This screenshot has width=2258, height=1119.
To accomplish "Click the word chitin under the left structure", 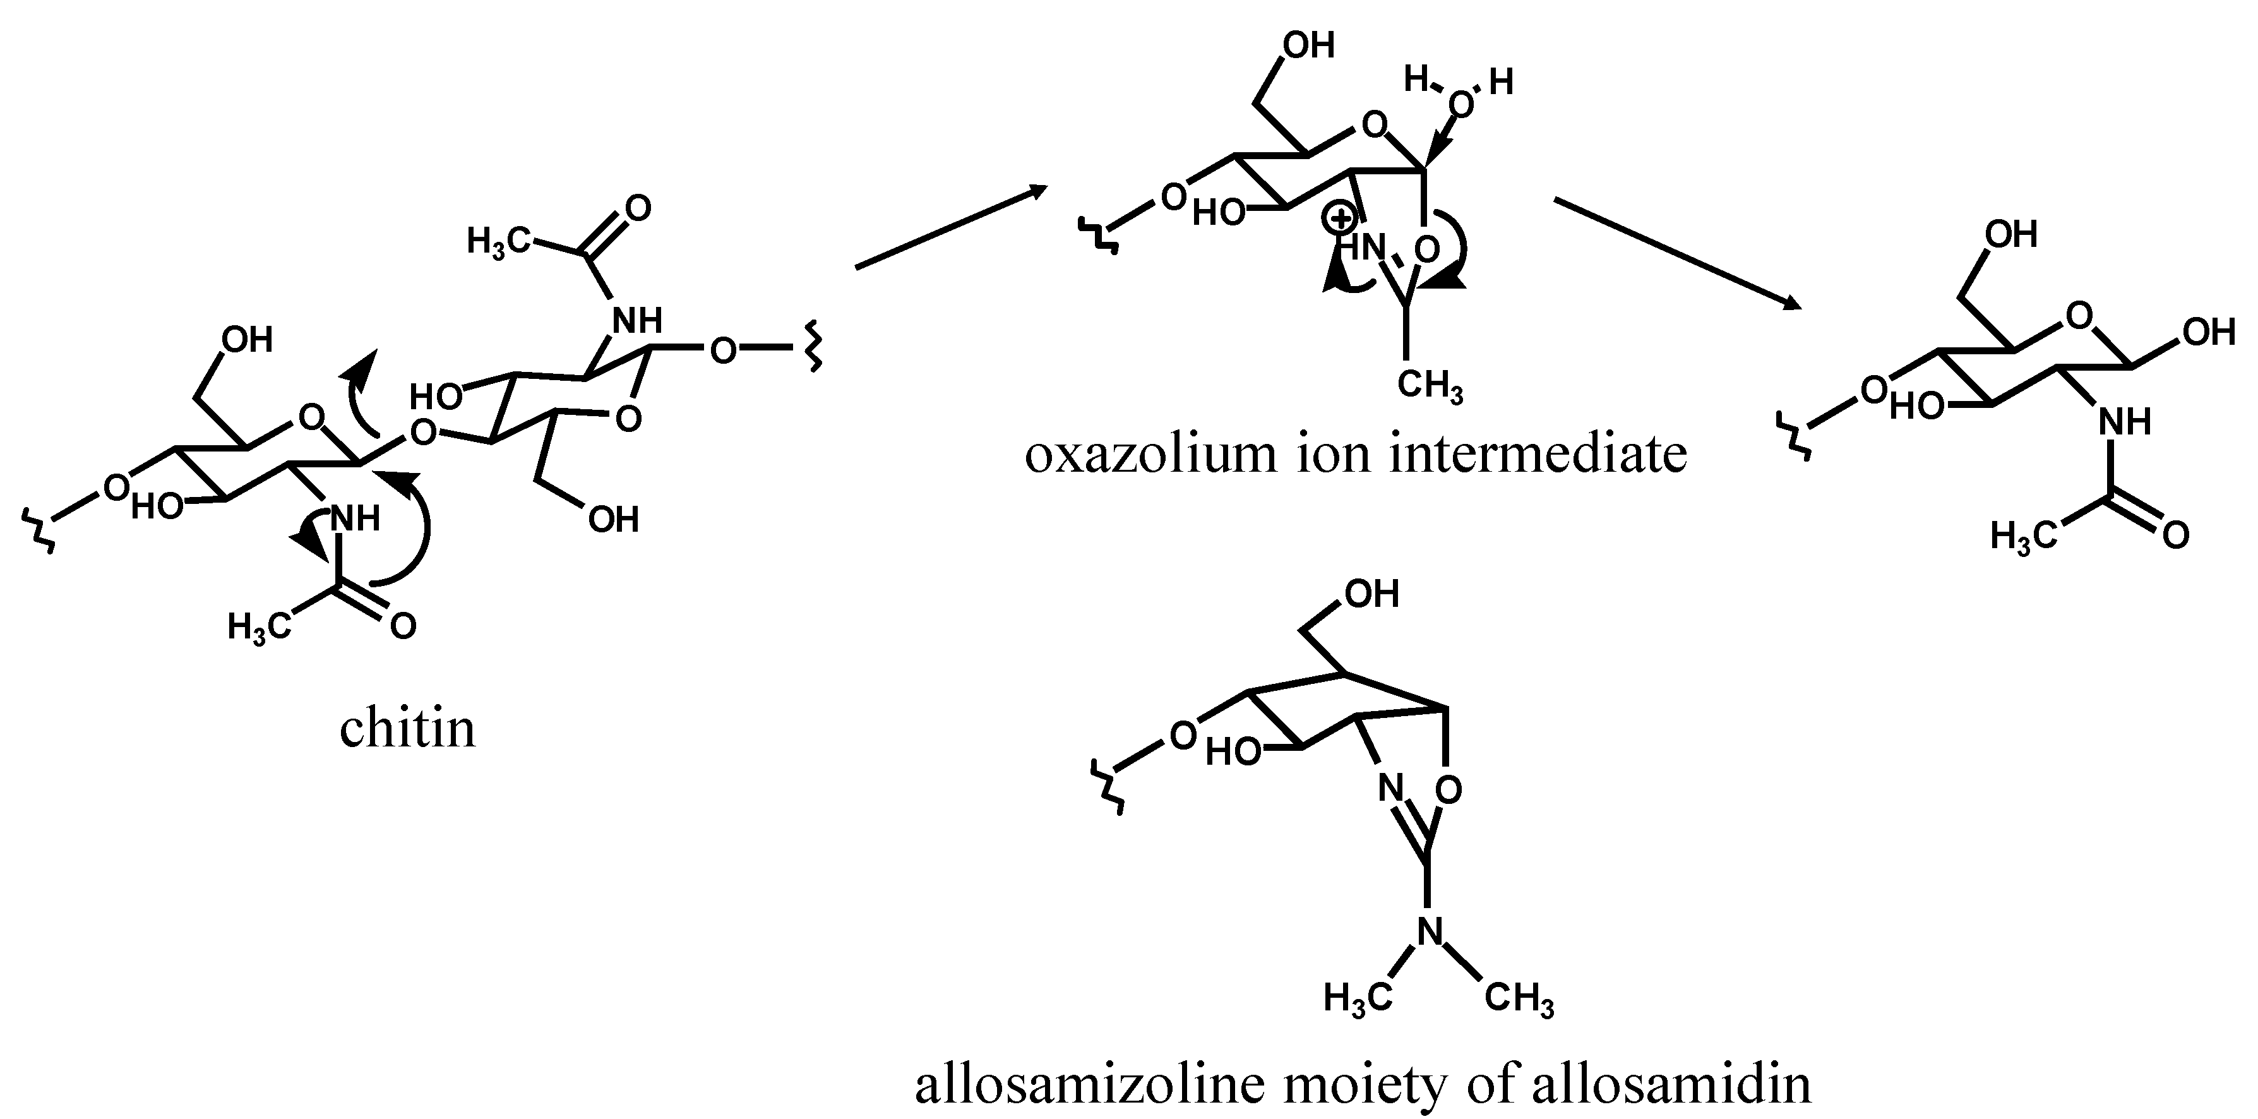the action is click(x=408, y=729).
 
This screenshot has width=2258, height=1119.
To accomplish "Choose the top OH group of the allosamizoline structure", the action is click(x=1372, y=595).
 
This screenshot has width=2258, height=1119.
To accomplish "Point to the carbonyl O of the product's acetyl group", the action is click(x=2176, y=535).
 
